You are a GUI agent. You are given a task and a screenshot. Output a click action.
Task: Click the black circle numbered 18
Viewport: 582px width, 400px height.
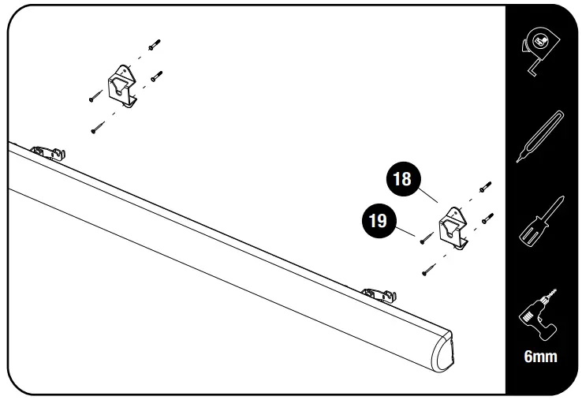pyautogui.click(x=402, y=179)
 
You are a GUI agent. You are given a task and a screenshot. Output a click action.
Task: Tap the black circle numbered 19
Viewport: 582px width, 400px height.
pyautogui.click(x=379, y=221)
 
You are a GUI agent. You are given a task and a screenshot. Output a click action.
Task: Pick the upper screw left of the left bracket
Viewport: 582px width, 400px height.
pyautogui.click(x=95, y=97)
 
